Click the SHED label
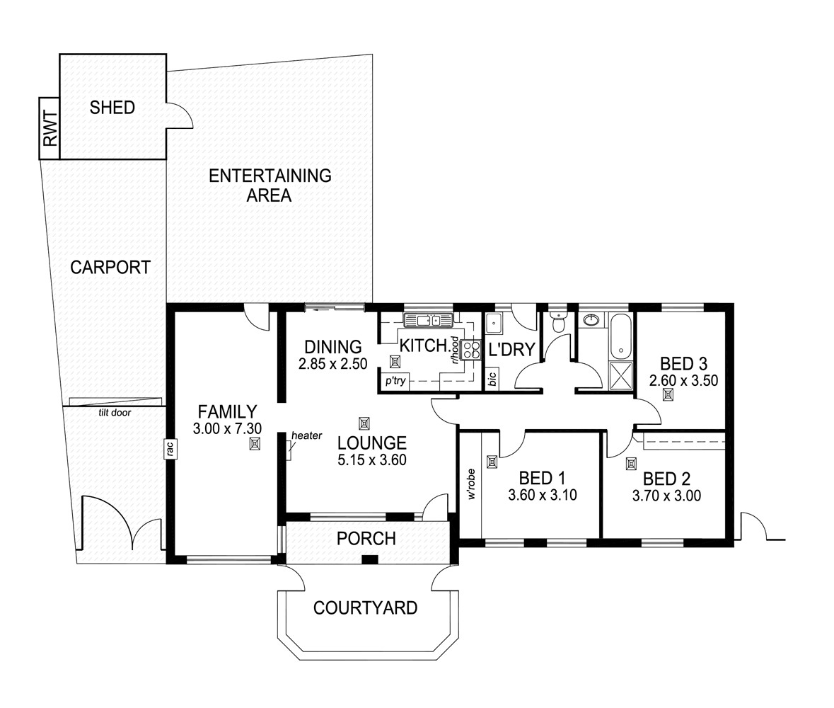pos(112,108)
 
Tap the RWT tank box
pos(49,128)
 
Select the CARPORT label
pos(110,267)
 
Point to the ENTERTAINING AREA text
pos(270,185)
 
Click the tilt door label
pos(114,411)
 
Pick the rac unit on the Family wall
pos(170,448)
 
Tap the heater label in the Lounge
pos(306,435)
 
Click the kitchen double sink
pos(428,321)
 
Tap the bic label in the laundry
pos(492,379)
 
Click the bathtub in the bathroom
pos(620,336)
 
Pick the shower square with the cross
pos(620,375)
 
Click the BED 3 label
pos(683,364)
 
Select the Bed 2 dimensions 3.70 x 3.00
pos(666,496)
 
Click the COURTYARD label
pos(365,607)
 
